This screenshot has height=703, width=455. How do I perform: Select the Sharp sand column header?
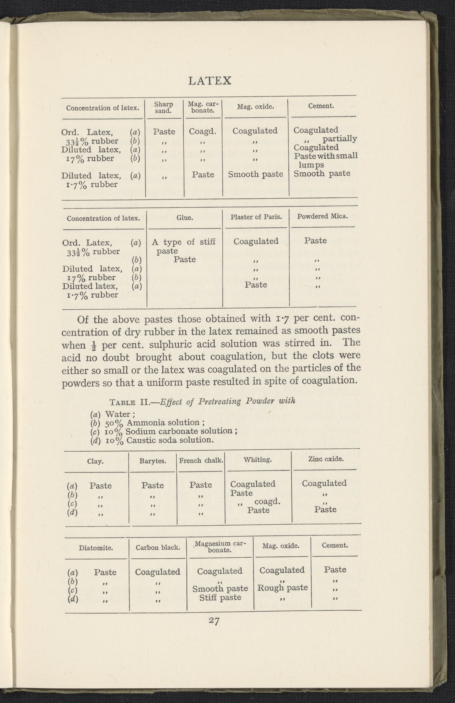pyautogui.click(x=163, y=108)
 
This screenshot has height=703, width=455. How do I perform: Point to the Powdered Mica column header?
pyautogui.click(x=322, y=216)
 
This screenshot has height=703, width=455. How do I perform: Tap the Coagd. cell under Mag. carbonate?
pyautogui.click(x=203, y=131)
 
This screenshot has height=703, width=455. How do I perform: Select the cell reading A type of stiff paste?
pyautogui.click(x=183, y=246)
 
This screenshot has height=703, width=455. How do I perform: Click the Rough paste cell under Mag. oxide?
pyautogui.click(x=282, y=588)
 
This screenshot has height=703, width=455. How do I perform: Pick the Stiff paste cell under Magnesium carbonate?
pyautogui.click(x=220, y=597)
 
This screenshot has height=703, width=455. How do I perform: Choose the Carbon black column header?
pyautogui.click(x=158, y=547)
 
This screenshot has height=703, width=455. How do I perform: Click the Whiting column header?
pyautogui.click(x=258, y=460)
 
